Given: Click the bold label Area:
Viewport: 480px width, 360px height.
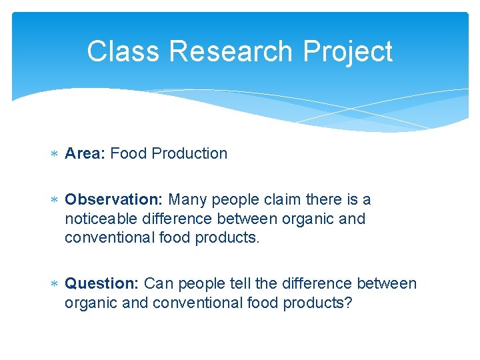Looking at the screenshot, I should [85, 153].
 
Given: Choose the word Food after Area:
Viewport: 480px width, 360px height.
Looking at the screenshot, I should [129, 153].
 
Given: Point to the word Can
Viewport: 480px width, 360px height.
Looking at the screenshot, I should [157, 283].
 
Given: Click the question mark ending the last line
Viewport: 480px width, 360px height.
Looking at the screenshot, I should [350, 303].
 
